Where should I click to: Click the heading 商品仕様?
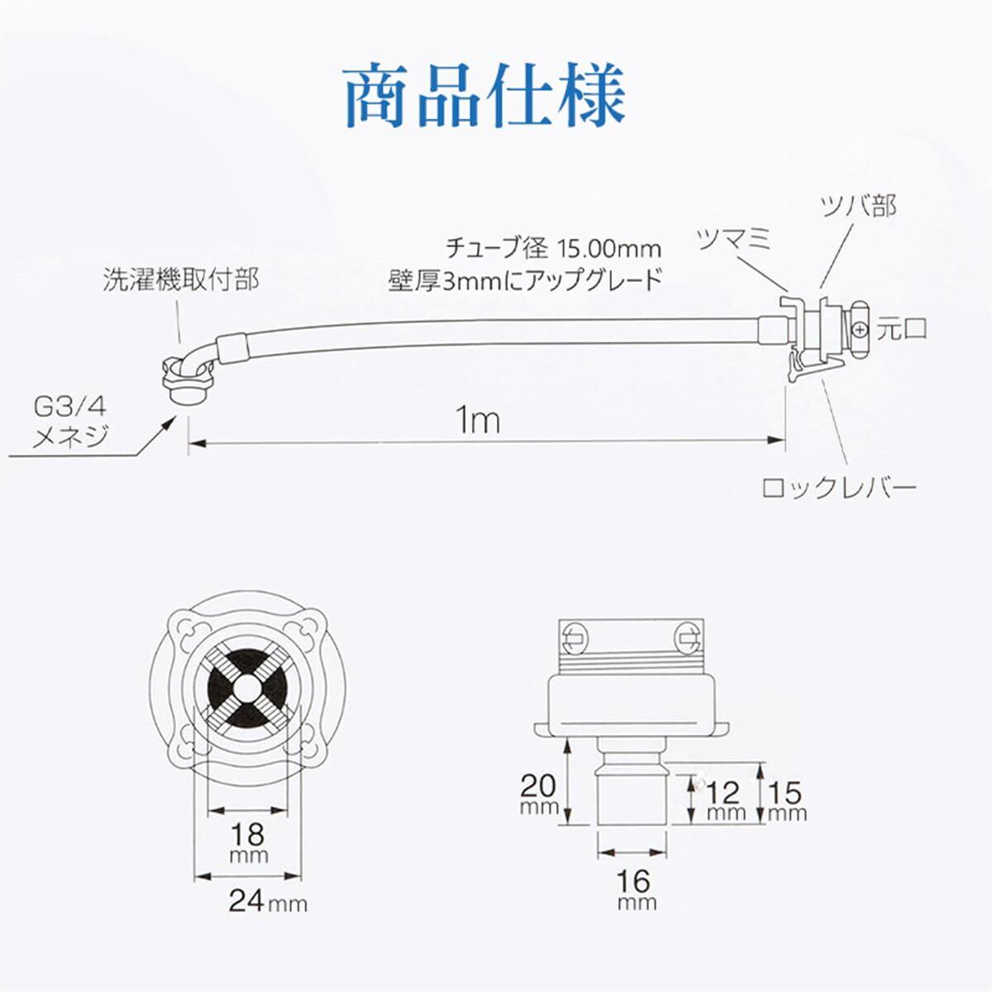point(484,98)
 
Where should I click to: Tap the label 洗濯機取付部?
point(181,279)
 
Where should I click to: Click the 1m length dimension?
point(479,421)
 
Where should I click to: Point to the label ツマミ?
point(734,240)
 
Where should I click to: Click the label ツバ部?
point(858,206)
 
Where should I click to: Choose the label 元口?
point(902,329)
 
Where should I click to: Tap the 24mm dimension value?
point(266,899)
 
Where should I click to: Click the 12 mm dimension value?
point(724,798)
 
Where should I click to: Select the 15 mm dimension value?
point(785,798)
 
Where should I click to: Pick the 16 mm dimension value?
point(636,885)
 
